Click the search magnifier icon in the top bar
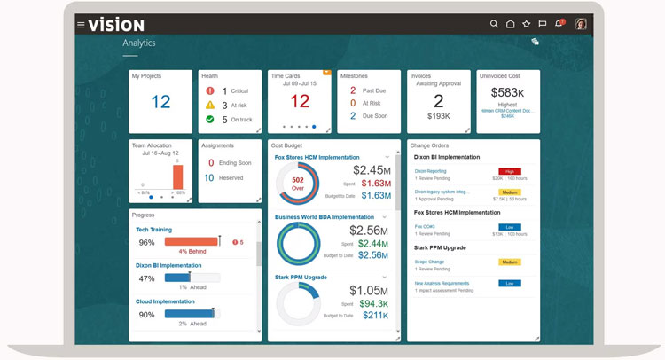pos(495,25)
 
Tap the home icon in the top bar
pos(511,25)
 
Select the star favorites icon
pos(527,25)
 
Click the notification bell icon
pos(559,25)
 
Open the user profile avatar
pos(582,25)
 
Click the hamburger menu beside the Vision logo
pos(81,25)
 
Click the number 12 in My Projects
pos(160,102)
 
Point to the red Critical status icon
pos(209,90)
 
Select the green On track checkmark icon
pos(209,119)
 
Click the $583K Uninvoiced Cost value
pos(507,92)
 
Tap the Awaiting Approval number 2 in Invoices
pos(439,101)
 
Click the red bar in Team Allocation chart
pos(177,176)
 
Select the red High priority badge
pos(510,171)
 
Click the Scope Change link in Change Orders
pos(430,262)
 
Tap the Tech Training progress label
pos(153,230)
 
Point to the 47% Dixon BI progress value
pos(146,278)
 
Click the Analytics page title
pos(139,43)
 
